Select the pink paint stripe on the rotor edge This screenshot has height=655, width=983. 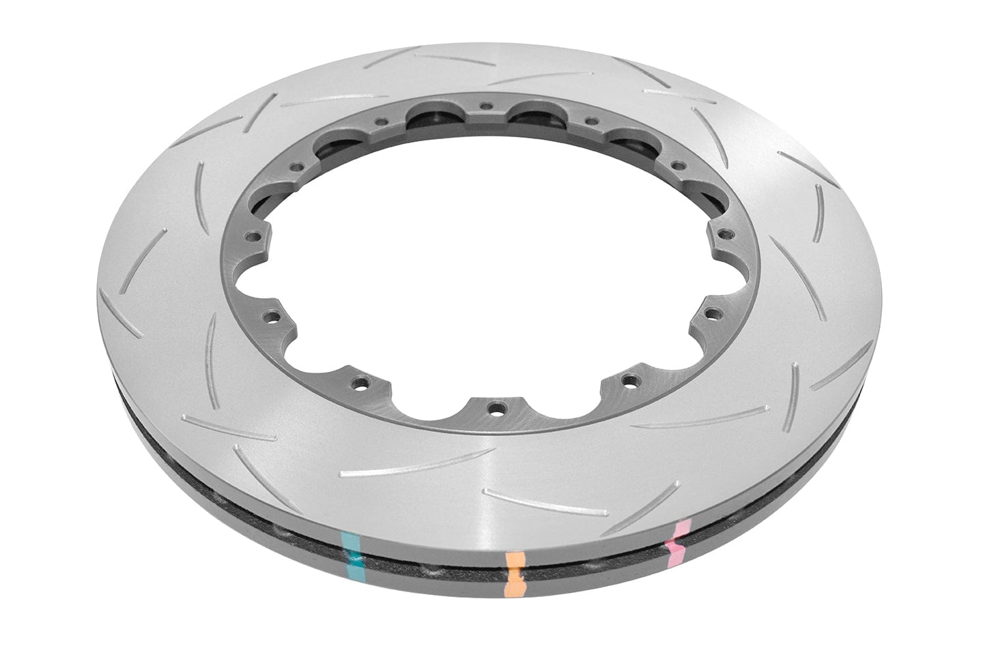(677, 538)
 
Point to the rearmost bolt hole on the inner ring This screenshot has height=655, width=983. (485, 106)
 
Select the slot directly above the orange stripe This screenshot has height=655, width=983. (539, 501)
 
